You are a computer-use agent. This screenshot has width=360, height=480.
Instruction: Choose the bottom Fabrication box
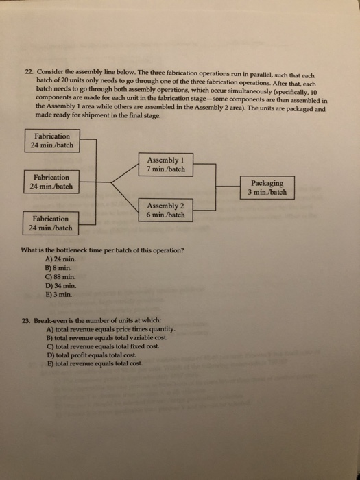(51, 222)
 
